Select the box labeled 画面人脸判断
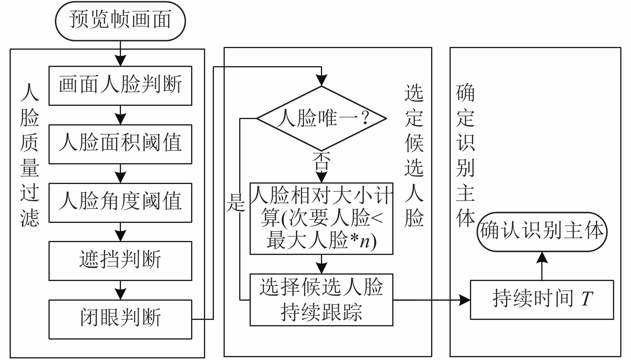[120, 86]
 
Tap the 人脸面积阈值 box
[120, 144]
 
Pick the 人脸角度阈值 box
[120, 203]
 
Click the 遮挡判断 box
[120, 261]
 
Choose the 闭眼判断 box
[120, 319]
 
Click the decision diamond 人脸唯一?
[321, 118]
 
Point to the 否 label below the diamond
[321, 161]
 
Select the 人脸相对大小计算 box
[321, 218]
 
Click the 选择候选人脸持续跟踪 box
[321, 300]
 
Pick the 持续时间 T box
[542, 300]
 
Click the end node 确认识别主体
[542, 232]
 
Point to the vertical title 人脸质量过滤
[30, 155]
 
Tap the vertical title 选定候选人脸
[414, 155]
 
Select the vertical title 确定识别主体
[466, 155]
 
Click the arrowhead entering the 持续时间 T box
[465, 300]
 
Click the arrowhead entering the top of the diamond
[321, 80]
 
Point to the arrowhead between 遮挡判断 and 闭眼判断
[120, 294]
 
